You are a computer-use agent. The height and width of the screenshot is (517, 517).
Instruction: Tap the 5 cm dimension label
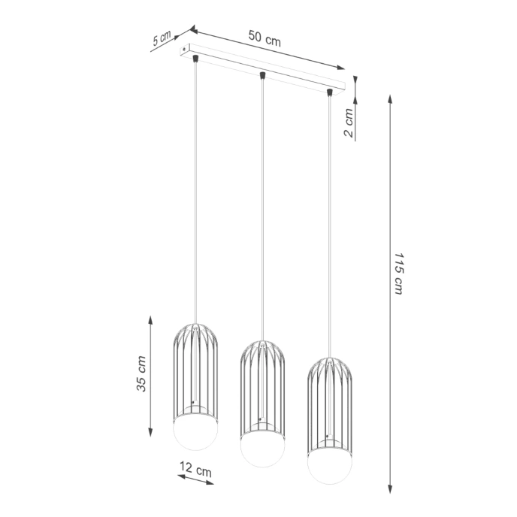click(x=162, y=40)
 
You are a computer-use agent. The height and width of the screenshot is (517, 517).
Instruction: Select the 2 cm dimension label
click(x=348, y=122)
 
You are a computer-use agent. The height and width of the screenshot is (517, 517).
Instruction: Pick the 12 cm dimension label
click(x=195, y=471)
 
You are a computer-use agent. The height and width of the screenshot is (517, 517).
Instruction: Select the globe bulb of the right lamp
click(x=328, y=465)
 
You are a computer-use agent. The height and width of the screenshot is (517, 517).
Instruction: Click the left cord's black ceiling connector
click(x=195, y=58)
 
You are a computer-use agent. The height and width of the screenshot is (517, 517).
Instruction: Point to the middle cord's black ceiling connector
click(x=262, y=75)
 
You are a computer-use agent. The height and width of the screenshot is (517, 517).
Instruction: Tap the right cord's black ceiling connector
click(x=329, y=92)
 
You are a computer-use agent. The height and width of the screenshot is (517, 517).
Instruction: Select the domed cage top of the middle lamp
click(x=262, y=349)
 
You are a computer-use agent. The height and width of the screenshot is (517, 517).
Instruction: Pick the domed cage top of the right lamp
click(x=328, y=367)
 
